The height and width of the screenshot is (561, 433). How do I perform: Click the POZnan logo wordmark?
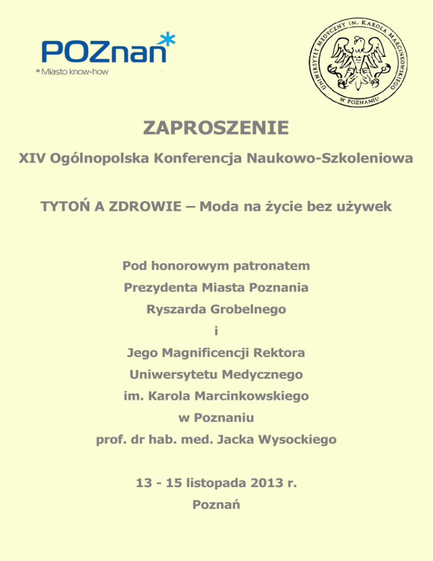pos(105,52)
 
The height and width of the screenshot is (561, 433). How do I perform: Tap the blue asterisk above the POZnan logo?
pos(167,40)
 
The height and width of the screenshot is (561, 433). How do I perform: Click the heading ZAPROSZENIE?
pos(216,129)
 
